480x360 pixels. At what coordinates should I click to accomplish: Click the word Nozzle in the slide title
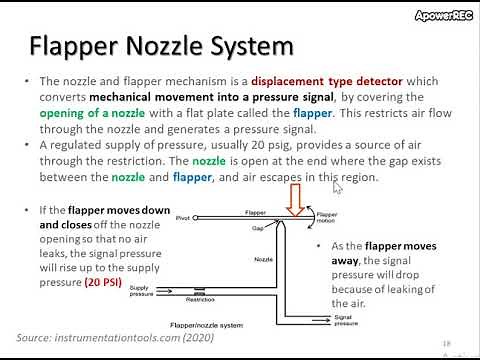pos(177,47)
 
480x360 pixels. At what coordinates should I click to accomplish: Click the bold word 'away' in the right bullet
pos(341,260)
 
